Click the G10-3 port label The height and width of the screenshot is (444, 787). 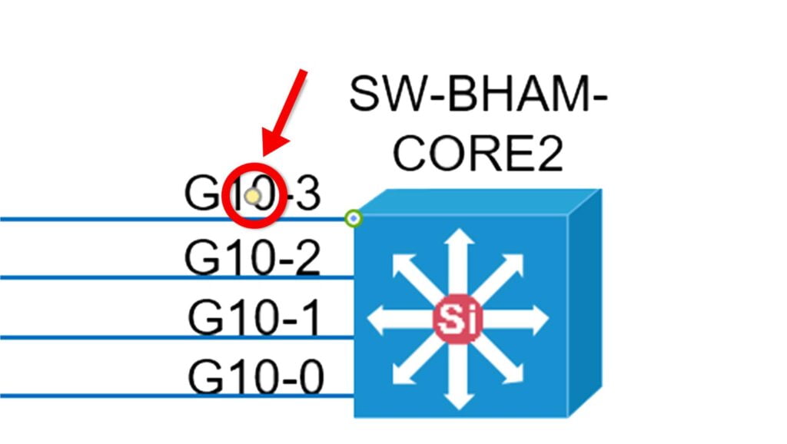click(252, 194)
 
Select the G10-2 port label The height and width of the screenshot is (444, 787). click(252, 257)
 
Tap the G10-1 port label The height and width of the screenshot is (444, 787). click(254, 317)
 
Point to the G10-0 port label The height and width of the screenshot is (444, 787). click(255, 377)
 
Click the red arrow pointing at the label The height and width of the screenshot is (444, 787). click(284, 113)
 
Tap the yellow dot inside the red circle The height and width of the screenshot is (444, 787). click(253, 196)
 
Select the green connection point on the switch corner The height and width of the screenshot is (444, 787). click(354, 218)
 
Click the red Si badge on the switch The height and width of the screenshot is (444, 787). click(457, 320)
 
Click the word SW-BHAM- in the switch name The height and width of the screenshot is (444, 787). click(478, 94)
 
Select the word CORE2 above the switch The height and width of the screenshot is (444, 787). click(478, 153)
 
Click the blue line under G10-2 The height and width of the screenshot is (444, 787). click(178, 277)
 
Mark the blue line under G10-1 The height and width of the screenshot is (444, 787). click(178, 337)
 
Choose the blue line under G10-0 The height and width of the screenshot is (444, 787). click(178, 396)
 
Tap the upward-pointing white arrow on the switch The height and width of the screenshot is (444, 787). click(459, 261)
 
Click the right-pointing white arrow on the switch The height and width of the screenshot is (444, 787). click(517, 319)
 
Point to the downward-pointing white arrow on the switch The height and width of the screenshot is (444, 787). click(459, 377)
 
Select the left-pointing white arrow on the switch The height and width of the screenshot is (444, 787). click(400, 319)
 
